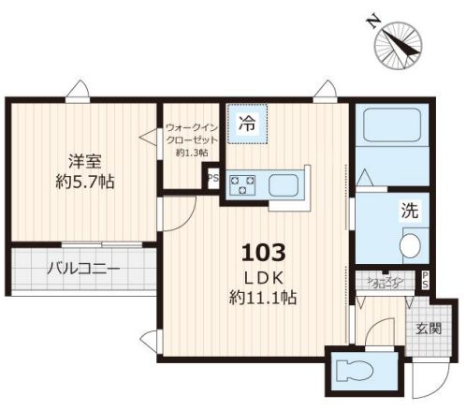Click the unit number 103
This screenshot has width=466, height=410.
pyautogui.click(x=262, y=252)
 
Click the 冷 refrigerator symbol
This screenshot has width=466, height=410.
pyautogui.click(x=247, y=122)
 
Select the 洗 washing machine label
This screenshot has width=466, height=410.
pyautogui.click(x=411, y=212)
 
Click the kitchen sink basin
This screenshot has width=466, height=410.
pyautogui.click(x=287, y=184)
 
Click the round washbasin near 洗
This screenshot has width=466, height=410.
pyautogui.click(x=411, y=245)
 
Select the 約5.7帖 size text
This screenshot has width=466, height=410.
pyautogui.click(x=84, y=182)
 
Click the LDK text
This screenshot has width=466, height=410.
pyautogui.click(x=262, y=277)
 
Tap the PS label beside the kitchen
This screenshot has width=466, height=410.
pyautogui.click(x=211, y=178)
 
